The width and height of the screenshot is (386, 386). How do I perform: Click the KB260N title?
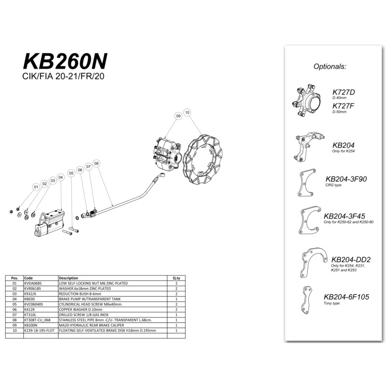pos(65,61)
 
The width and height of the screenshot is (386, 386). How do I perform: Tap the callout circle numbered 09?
pos(178,116)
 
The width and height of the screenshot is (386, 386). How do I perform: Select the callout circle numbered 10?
pos(187,112)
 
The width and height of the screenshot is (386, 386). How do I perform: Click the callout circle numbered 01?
pos(36,187)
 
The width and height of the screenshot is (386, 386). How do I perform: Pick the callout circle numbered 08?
pos(96,164)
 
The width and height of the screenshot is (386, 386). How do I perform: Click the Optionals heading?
pos(330,67)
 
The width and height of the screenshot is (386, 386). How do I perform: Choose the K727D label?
pos(344,92)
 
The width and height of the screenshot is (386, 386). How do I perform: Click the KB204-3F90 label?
pos(346,179)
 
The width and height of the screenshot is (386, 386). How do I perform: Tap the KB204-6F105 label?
pos(346,297)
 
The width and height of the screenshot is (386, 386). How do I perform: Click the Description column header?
pos(68,278)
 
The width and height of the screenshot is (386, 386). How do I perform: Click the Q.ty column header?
pos(176,278)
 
